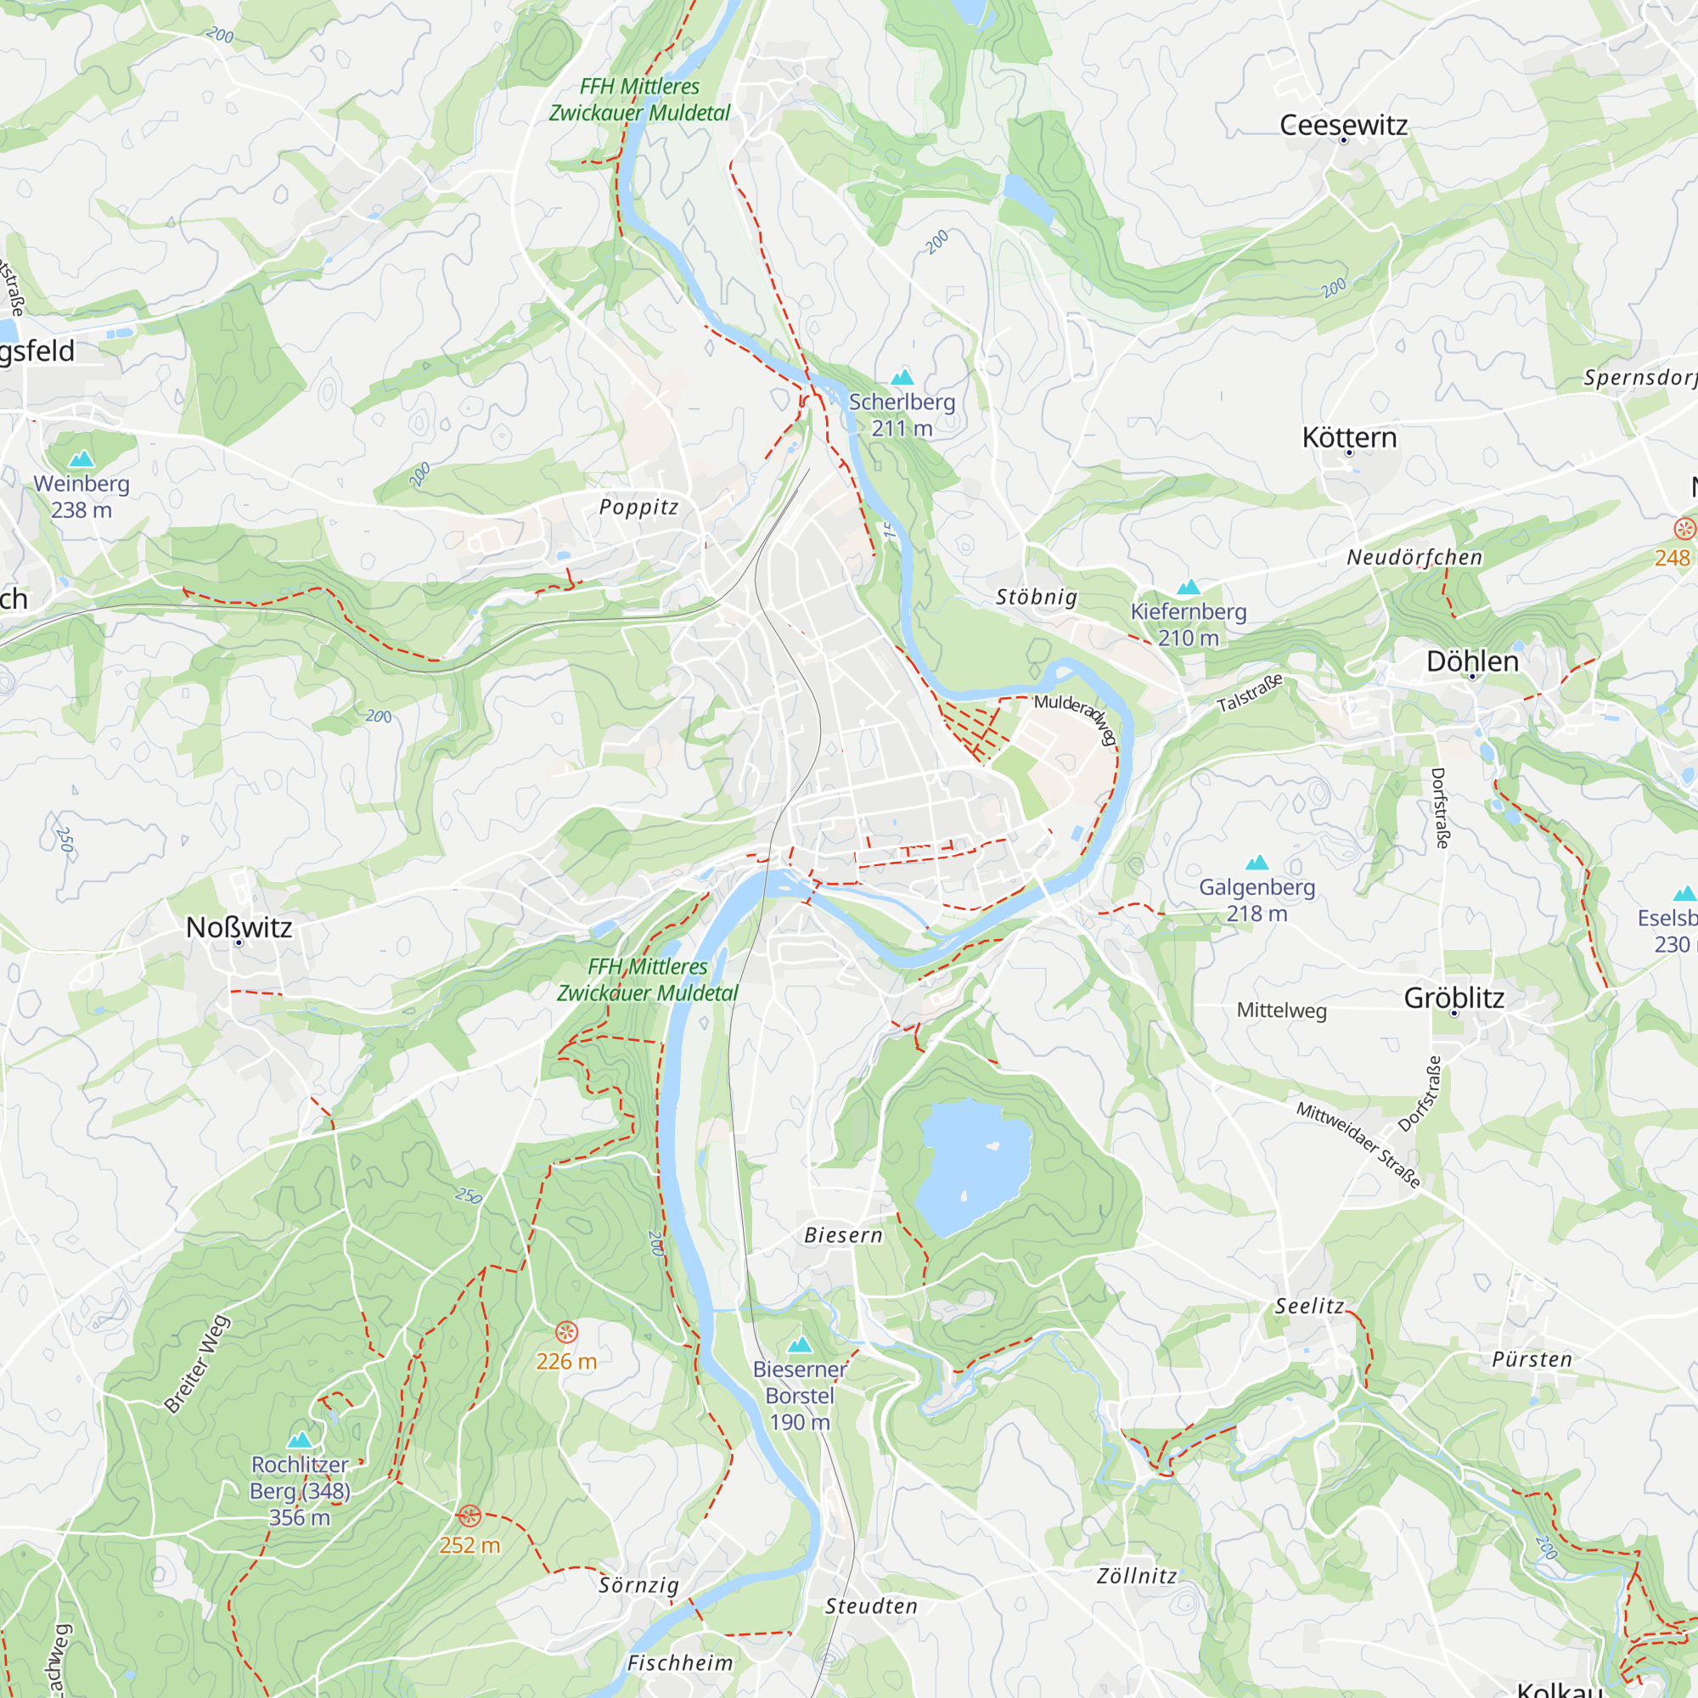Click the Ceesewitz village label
click(x=1343, y=125)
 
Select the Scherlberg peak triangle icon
click(x=902, y=378)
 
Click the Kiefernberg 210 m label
click(x=1189, y=624)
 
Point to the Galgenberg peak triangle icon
click(x=1257, y=863)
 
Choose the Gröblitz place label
click(x=1453, y=998)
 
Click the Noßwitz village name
click(x=239, y=927)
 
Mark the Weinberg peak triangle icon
click(x=81, y=458)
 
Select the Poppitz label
click(x=639, y=507)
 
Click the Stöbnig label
click(x=1036, y=598)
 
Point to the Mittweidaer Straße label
click(x=1358, y=1145)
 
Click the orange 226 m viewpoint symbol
click(x=567, y=1332)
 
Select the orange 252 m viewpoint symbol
click(x=469, y=1515)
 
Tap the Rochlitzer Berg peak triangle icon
click(x=300, y=1440)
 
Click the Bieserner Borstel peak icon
click(x=799, y=1345)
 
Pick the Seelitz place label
click(x=1309, y=1307)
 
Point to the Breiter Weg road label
click(x=198, y=1364)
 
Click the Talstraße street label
click(x=1250, y=694)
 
